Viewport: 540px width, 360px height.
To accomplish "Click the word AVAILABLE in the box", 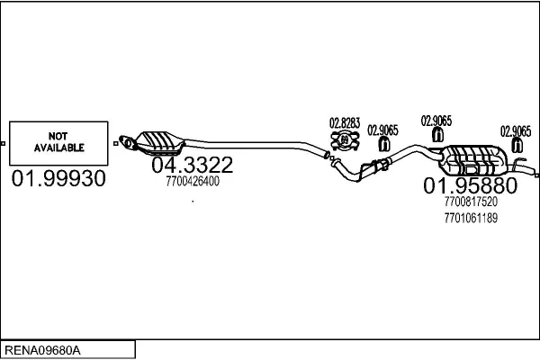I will (x=58, y=146).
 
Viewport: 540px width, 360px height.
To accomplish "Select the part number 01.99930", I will (x=58, y=180).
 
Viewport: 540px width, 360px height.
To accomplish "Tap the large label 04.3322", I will (x=192, y=166).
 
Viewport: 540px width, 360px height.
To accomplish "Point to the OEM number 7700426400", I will (x=193, y=182).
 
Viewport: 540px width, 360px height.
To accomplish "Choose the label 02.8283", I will (x=344, y=123).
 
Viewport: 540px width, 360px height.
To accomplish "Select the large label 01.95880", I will (x=470, y=186).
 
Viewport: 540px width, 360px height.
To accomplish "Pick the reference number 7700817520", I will (x=470, y=203).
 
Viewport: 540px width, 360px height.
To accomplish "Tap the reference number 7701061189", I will (x=470, y=218).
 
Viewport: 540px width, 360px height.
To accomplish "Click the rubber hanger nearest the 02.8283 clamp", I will (x=384, y=144).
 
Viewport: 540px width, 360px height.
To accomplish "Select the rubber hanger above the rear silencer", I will (x=436, y=135).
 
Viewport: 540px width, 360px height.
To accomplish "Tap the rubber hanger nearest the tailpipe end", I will (x=516, y=144).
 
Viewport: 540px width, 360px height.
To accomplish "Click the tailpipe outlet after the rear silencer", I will (x=531, y=167).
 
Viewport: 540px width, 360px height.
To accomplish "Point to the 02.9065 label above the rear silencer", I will (x=436, y=119).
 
